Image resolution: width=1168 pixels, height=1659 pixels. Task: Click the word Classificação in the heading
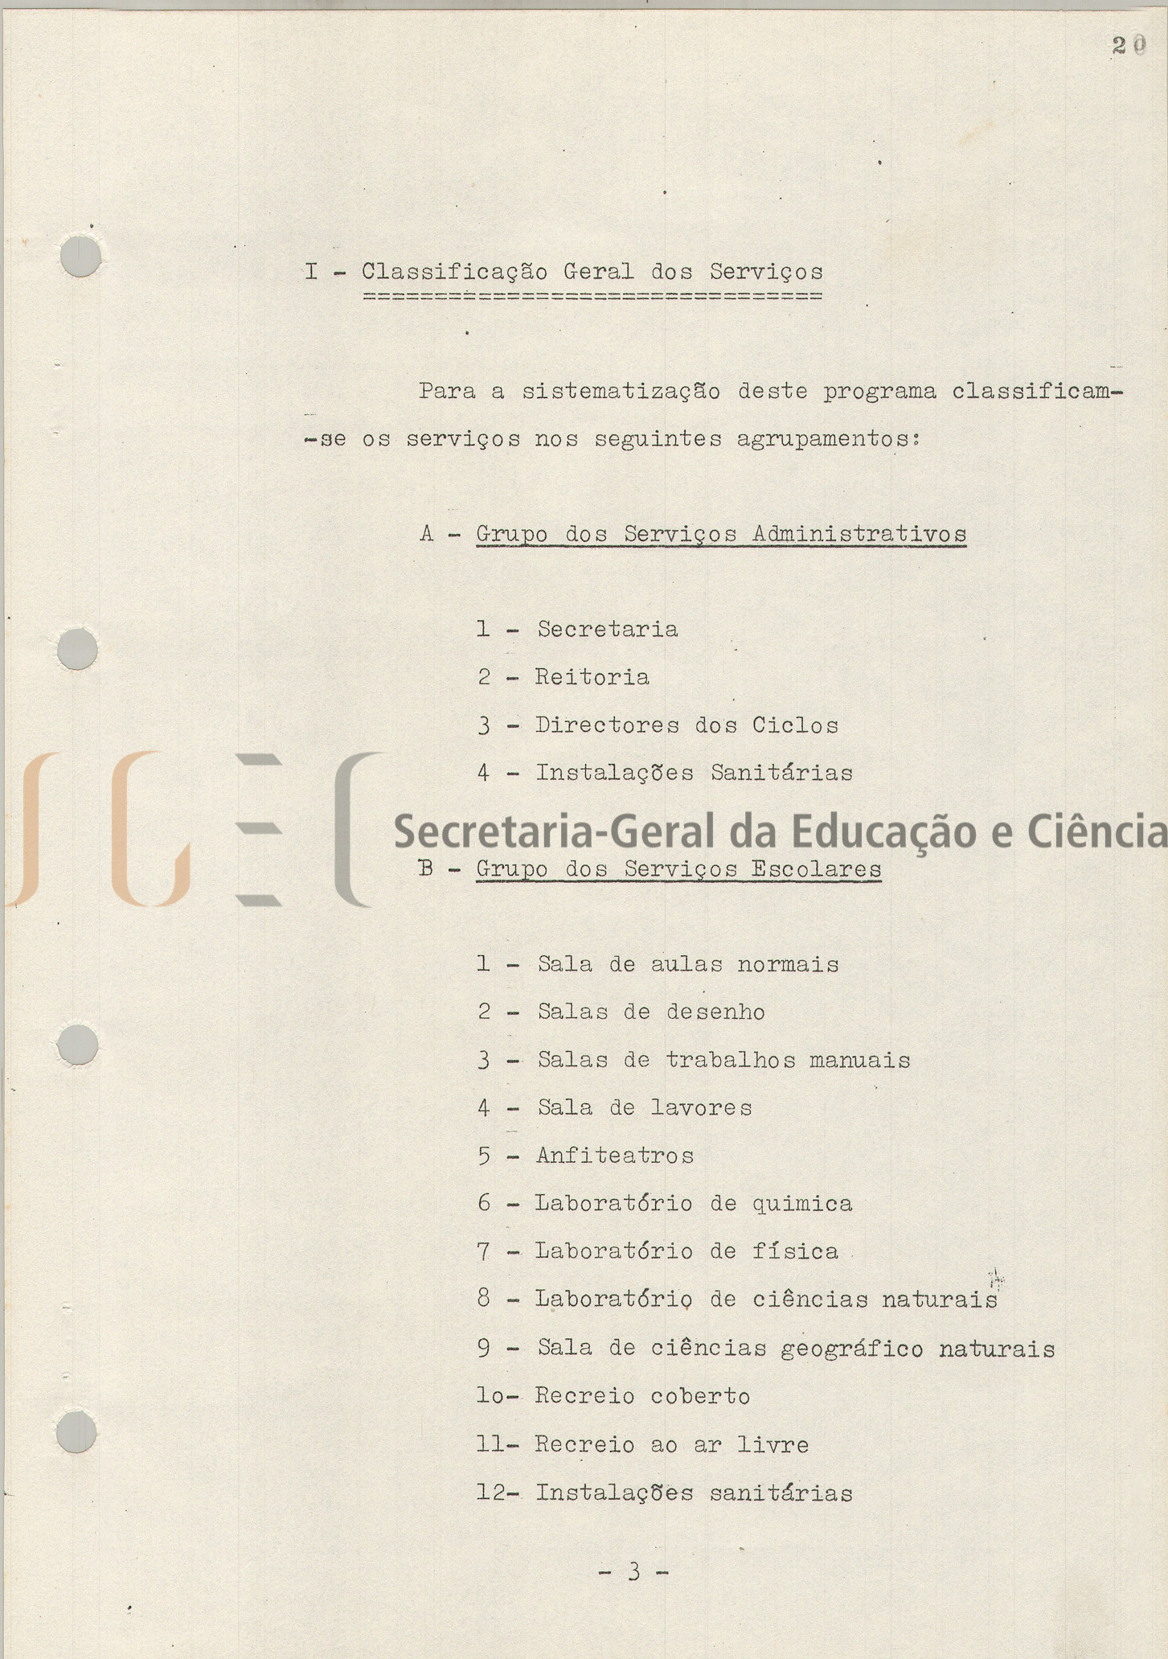tap(454, 273)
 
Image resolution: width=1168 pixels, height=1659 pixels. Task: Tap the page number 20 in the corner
tap(1129, 47)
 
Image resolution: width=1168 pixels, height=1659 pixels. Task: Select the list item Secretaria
tap(607, 629)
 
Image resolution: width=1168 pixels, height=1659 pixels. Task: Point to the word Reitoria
tap(592, 677)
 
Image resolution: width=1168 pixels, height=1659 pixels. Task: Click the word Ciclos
tap(795, 725)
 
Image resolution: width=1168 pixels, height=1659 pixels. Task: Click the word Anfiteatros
tap(614, 1156)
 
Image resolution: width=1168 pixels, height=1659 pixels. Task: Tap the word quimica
tap(801, 1204)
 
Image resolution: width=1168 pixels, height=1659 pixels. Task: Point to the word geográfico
tap(852, 1349)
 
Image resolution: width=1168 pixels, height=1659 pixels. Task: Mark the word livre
tap(773, 1445)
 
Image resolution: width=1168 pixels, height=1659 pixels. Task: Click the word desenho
tap(715, 1012)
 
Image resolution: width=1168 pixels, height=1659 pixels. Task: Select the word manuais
tap(859, 1061)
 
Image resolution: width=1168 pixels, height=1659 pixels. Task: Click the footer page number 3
tap(634, 1571)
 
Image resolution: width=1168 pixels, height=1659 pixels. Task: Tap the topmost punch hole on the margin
tap(80, 257)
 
